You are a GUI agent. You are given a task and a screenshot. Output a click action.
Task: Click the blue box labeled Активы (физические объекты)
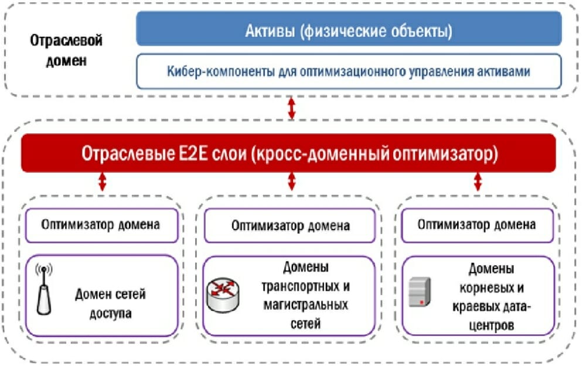coord(349,29)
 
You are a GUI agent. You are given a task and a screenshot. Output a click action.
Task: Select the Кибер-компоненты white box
coord(349,71)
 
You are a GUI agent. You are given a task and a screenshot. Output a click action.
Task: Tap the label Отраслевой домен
coord(66,50)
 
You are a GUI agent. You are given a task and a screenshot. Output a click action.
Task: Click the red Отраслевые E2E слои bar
coord(288,153)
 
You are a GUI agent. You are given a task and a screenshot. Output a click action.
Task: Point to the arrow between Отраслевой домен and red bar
coord(291,108)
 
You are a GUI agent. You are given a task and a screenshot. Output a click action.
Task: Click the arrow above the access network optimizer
coord(102,182)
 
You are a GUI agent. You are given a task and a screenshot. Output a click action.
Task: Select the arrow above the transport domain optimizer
coord(291,182)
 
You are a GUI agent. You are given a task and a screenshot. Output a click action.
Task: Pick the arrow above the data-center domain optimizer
coord(478,182)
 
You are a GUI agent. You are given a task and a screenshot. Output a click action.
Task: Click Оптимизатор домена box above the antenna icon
coord(101,225)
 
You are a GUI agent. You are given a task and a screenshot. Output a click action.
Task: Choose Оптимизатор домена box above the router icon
coord(289,225)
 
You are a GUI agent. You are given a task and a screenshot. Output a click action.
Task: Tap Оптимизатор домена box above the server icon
coord(477,225)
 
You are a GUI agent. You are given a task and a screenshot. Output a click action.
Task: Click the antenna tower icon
coord(44,289)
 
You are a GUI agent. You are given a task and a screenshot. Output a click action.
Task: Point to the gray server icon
coord(420,292)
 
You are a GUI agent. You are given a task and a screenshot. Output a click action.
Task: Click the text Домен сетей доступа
coord(110,304)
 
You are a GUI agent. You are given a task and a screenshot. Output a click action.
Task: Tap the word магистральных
coord(306,304)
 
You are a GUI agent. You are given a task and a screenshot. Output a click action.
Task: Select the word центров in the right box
coord(492,325)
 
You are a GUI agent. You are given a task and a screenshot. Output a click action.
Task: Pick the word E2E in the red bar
coord(193,153)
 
